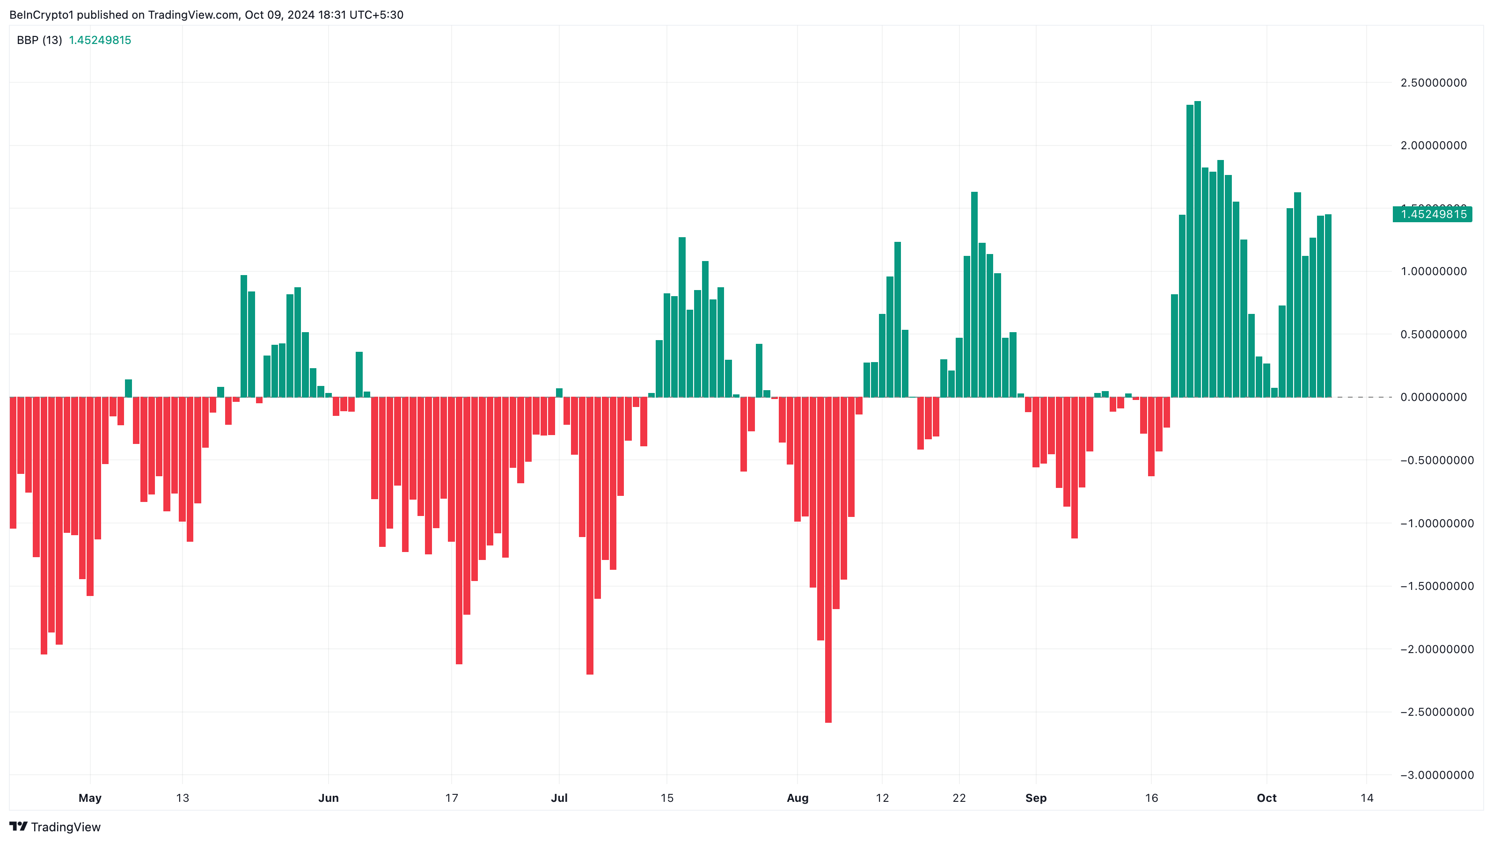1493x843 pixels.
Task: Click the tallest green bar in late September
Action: (x=1197, y=249)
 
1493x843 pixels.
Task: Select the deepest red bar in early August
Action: (x=828, y=559)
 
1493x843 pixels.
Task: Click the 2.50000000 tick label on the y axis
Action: (x=1433, y=83)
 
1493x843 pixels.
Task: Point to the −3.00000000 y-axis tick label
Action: (x=1432, y=775)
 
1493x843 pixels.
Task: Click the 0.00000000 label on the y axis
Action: (x=1433, y=398)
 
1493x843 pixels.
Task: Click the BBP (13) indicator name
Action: (x=39, y=40)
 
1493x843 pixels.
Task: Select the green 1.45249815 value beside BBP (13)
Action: (x=100, y=40)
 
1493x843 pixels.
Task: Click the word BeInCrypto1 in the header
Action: (x=42, y=15)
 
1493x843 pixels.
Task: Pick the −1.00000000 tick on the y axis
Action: (x=1432, y=523)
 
